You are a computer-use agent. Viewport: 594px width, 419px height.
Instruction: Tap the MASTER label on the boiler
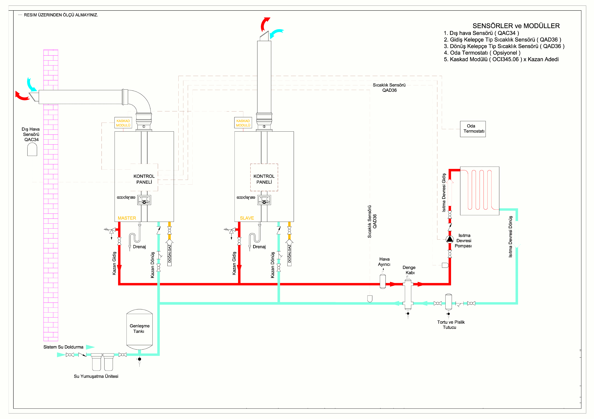coord(127,218)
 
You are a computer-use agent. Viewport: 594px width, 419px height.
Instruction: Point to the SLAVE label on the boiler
coord(247,218)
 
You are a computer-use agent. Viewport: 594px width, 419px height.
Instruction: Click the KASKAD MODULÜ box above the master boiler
coord(123,123)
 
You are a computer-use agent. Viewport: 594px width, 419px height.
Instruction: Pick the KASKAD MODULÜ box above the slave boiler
coord(243,123)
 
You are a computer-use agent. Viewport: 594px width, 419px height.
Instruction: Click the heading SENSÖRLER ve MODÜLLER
coord(516,26)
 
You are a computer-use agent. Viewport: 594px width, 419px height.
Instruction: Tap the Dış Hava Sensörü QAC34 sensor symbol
coord(32,149)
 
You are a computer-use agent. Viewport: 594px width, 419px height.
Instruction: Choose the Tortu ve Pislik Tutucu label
coord(451,324)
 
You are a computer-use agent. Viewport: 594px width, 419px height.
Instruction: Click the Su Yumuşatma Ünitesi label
coord(96,376)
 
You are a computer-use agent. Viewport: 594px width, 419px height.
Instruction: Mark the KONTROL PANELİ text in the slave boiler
coord(264,179)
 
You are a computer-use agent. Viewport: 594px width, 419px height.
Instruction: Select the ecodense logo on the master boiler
coord(126,198)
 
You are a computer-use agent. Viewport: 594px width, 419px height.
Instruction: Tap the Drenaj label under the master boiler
coord(139,247)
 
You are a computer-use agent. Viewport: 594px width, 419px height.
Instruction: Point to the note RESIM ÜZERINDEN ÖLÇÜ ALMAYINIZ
coord(61,15)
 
